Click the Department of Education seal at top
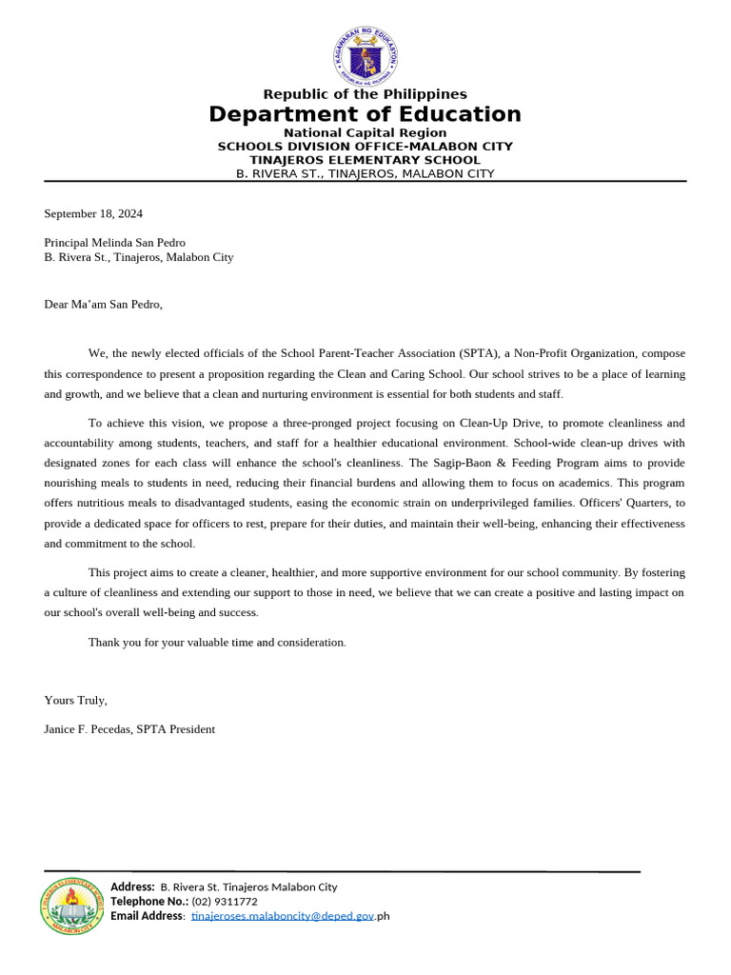365,56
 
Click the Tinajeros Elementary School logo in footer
72,905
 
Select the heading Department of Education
365,114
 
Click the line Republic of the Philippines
365,94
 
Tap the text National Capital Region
365,132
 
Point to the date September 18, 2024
93,213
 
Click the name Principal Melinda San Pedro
114,243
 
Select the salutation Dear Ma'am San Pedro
103,305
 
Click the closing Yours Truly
75,700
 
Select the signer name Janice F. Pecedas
88,729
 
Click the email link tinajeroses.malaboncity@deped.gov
282,916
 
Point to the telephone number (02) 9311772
225,901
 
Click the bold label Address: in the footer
133,886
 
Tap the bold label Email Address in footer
148,916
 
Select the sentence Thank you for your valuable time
217,643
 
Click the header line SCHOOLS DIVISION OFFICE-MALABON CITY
365,147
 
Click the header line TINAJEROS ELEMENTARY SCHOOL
365,160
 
